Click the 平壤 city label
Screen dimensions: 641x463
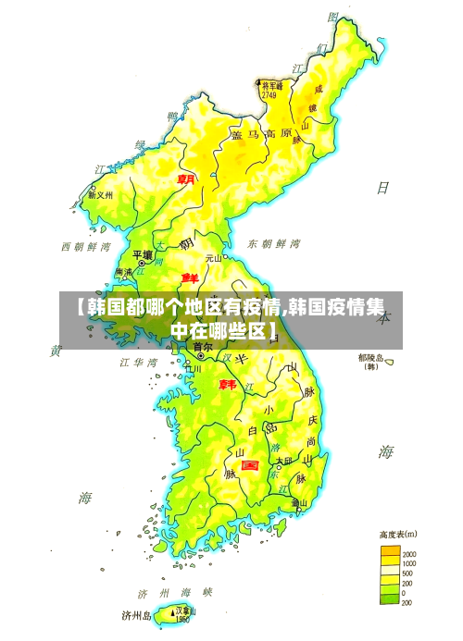click(x=142, y=254)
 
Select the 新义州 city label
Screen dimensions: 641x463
click(x=100, y=195)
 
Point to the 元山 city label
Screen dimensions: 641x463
click(x=214, y=259)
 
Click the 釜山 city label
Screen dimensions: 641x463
click(x=299, y=503)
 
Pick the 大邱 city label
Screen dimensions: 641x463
click(x=282, y=460)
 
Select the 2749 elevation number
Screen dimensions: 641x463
click(x=269, y=94)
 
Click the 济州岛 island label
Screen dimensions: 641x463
click(x=137, y=614)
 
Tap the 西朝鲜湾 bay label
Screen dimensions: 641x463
click(x=86, y=247)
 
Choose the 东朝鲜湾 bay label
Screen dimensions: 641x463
click(x=274, y=244)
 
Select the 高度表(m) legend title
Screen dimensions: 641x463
click(x=397, y=534)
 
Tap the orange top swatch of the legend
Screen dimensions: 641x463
click(x=390, y=551)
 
